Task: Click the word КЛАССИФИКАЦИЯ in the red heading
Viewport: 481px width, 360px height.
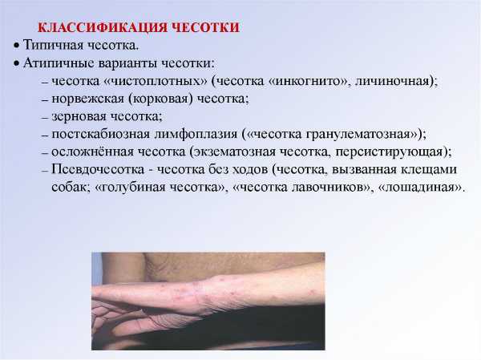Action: (x=103, y=27)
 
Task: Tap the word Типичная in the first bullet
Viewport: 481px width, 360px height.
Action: (x=54, y=45)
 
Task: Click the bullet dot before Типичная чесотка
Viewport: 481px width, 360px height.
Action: (x=16, y=46)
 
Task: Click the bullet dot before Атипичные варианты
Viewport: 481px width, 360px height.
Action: (x=16, y=64)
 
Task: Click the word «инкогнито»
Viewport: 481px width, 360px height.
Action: (x=309, y=81)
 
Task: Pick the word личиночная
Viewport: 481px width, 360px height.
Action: (x=393, y=81)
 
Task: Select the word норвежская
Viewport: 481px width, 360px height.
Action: (x=87, y=99)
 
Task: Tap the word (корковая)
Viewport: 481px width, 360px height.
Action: (x=160, y=99)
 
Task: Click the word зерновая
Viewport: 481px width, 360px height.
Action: (x=79, y=116)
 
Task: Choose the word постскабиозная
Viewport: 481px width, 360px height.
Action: (x=101, y=135)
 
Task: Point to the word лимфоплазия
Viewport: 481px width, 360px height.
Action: (x=196, y=135)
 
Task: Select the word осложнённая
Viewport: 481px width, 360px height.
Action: (x=92, y=152)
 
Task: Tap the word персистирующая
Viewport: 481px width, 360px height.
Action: (x=389, y=152)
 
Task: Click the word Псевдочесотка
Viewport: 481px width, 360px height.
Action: (x=98, y=170)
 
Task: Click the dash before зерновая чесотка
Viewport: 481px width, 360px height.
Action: (x=45, y=118)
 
